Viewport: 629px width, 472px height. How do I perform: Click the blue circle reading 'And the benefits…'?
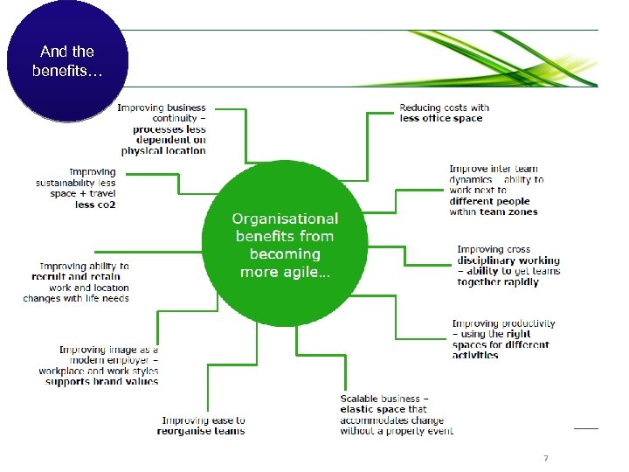67,61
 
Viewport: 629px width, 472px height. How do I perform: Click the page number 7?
545,458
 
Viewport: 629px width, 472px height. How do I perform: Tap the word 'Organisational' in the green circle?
285,219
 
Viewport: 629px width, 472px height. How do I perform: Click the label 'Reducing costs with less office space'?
444,113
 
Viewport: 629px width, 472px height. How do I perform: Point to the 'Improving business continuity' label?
162,113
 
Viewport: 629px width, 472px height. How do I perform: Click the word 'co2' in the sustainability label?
107,205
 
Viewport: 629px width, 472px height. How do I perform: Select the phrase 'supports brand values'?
102,381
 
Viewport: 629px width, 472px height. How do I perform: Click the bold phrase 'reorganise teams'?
201,431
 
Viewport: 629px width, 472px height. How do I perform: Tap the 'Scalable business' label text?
384,399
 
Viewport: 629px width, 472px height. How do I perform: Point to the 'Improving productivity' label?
502,323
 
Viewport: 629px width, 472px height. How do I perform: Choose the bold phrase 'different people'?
489,201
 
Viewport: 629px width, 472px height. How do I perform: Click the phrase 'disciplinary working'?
508,260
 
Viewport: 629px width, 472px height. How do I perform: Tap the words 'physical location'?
163,150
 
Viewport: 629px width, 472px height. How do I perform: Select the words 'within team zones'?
494,212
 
